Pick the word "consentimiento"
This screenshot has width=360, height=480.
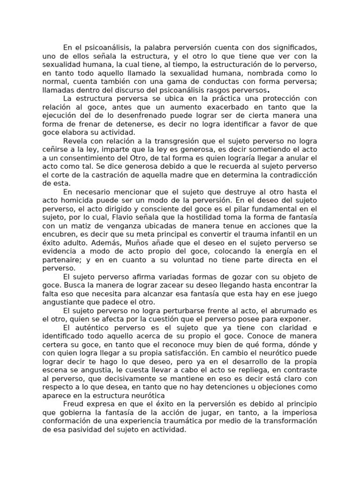tap(96, 158)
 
